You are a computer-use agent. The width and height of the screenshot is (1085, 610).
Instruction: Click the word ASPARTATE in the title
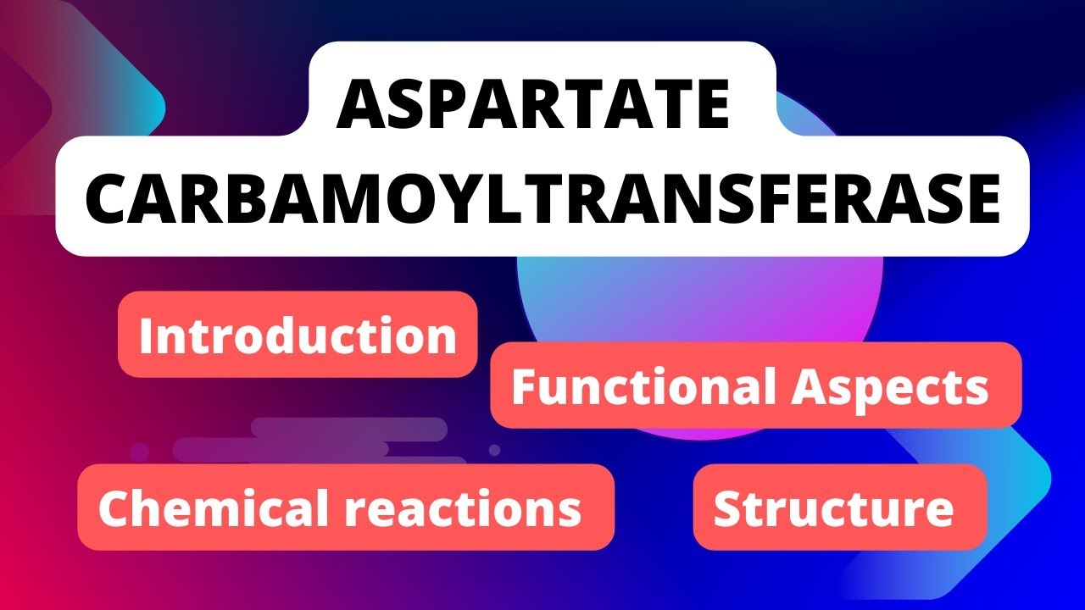(x=533, y=105)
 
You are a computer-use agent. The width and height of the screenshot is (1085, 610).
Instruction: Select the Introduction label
(x=298, y=335)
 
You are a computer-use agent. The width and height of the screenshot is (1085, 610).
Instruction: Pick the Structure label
(x=833, y=507)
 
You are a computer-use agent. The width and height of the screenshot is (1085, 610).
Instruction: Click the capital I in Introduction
(x=147, y=335)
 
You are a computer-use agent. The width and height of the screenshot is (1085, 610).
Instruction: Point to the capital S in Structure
(x=728, y=507)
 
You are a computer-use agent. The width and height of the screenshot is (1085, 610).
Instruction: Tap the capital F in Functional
(x=522, y=387)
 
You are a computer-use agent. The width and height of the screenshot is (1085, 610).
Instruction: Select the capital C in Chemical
(x=114, y=507)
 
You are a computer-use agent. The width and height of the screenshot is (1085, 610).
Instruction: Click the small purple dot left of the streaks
(x=138, y=452)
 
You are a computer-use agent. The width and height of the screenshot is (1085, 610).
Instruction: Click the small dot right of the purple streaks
(x=495, y=450)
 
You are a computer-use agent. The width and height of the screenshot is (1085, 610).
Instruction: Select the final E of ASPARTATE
(x=711, y=105)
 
